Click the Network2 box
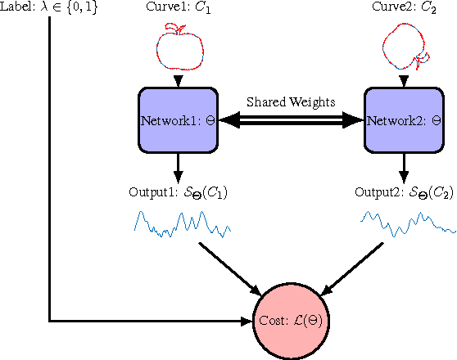point(402,120)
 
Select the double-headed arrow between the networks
point(290,120)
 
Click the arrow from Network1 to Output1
point(178,168)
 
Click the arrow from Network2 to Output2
point(402,168)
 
